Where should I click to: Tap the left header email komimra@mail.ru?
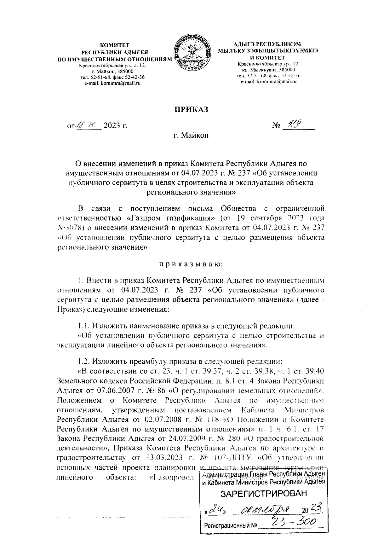(x=112, y=83)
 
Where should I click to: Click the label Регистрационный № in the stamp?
(x=231, y=526)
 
